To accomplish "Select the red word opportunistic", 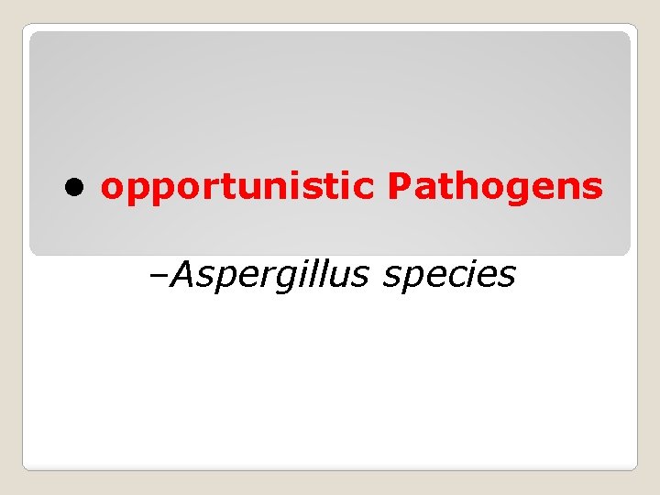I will pyautogui.click(x=237, y=187).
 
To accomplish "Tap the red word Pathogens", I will pyautogui.click(x=495, y=187).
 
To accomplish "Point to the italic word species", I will pyautogui.click(x=449, y=274).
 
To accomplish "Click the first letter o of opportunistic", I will pyautogui.click(x=114, y=188).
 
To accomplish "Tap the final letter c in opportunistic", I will pyautogui.click(x=364, y=188).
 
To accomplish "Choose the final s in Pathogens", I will pyautogui.click(x=593, y=188).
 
